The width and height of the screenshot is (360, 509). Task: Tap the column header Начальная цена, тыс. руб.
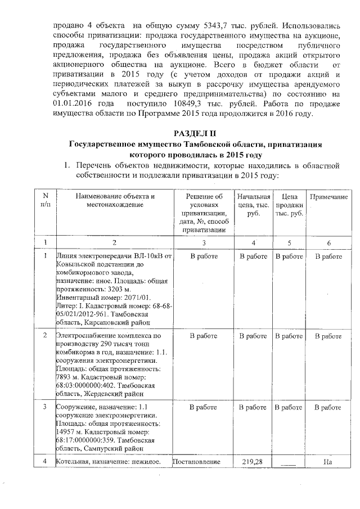[x=253, y=205]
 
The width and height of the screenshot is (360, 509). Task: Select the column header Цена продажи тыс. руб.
[x=289, y=205]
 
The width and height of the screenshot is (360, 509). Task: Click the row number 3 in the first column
[x=44, y=406]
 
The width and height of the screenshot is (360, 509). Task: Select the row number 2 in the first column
[x=44, y=336]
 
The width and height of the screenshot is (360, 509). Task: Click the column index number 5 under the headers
[x=289, y=242]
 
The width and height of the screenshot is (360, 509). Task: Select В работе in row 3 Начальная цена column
[x=253, y=406]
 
